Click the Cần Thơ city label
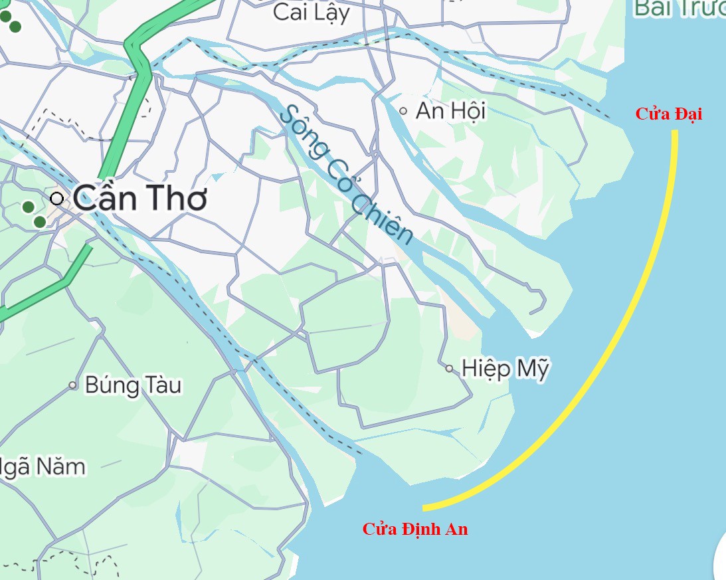click(x=140, y=198)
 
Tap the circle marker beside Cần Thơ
click(x=57, y=198)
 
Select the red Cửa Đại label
click(x=668, y=114)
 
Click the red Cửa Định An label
click(x=414, y=530)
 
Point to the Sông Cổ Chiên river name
click(x=345, y=174)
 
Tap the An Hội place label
click(x=450, y=110)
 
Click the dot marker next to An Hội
click(x=403, y=111)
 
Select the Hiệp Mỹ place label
click(x=505, y=369)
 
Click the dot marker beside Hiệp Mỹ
click(x=450, y=368)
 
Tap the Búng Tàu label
click(x=133, y=385)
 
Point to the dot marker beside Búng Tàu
click(x=73, y=385)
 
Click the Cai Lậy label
click(x=311, y=13)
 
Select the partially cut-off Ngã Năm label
click(x=43, y=467)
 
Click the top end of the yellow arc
click(x=675, y=132)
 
